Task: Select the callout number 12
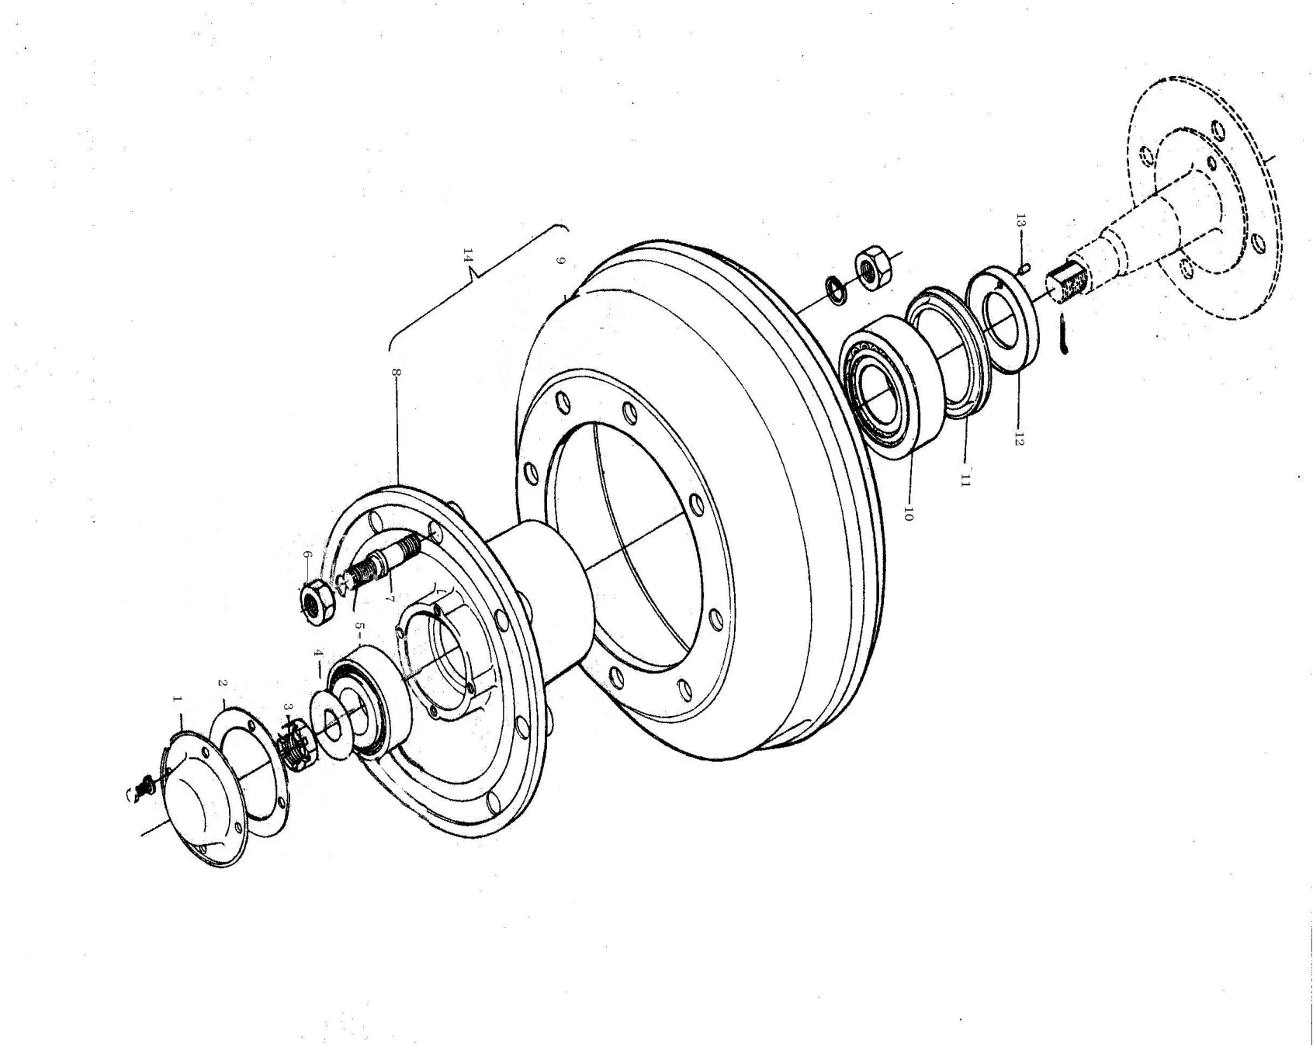point(1018,438)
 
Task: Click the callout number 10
point(909,513)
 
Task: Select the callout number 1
point(177,700)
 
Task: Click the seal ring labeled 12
point(1005,318)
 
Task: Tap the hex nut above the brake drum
point(875,269)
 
